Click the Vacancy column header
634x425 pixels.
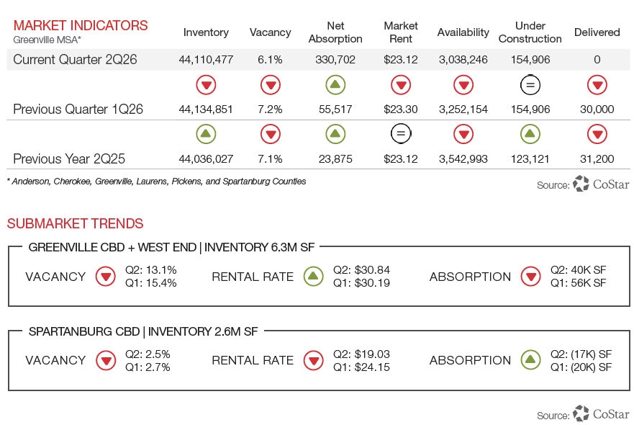coord(270,32)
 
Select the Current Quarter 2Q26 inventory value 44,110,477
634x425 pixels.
coord(206,60)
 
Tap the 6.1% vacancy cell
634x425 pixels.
coord(270,60)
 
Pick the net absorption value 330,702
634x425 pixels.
coord(335,60)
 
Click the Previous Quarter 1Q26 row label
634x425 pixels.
coord(78,109)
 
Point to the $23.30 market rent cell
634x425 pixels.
coord(401,109)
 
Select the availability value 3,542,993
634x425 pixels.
coord(463,159)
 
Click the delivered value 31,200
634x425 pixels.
coord(597,159)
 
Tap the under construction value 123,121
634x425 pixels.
coord(530,159)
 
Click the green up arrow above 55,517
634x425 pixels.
coord(335,85)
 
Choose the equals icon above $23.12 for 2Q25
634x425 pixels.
coord(401,134)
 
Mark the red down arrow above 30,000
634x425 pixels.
coord(597,85)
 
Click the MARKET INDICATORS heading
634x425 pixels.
coord(81,25)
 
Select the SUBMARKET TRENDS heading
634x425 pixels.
coord(76,223)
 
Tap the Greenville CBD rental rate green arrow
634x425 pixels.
coord(313,277)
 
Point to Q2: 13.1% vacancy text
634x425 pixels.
coord(151,270)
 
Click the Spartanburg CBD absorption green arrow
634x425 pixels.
coord(531,360)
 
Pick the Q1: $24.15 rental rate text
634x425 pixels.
coord(361,367)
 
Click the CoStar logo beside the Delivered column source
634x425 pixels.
coord(601,184)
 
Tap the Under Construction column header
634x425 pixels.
coord(530,32)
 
